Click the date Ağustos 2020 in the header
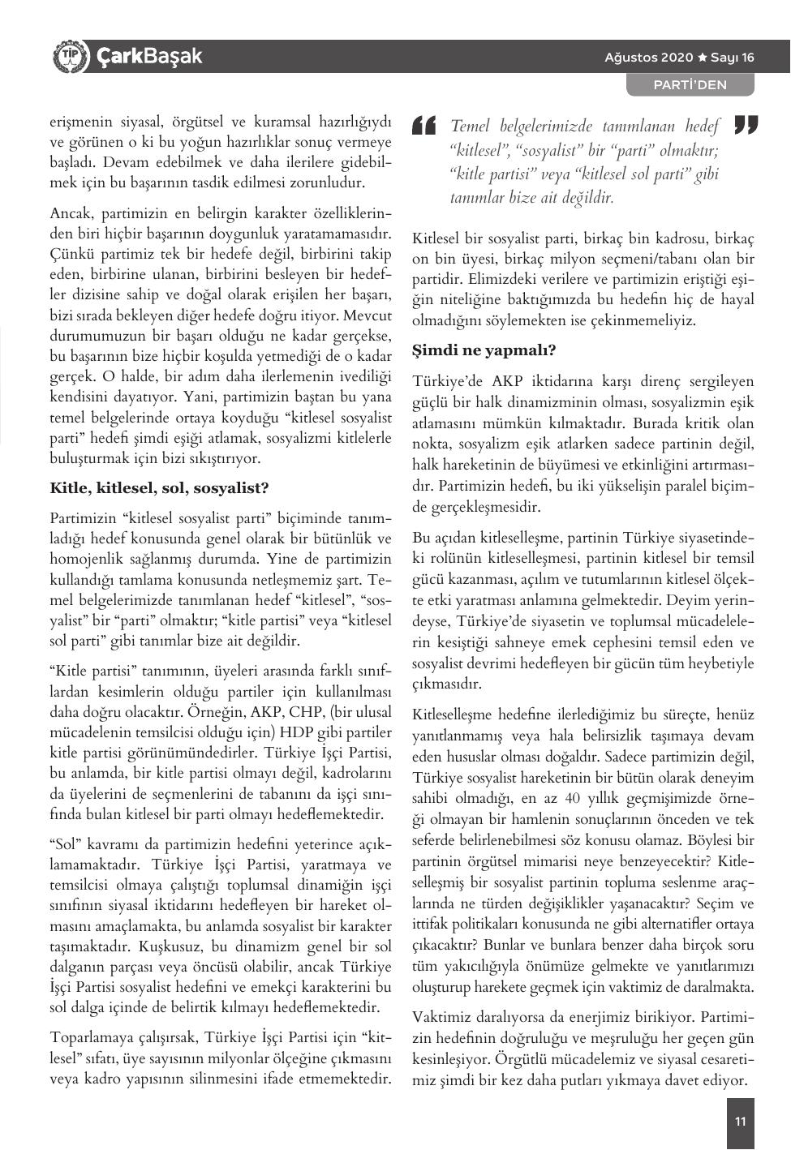[x=649, y=58]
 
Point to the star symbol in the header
[x=703, y=58]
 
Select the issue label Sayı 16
[x=733, y=58]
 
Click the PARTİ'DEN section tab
[x=690, y=84]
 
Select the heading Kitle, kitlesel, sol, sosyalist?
[x=159, y=488]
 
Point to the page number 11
[x=740, y=1122]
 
